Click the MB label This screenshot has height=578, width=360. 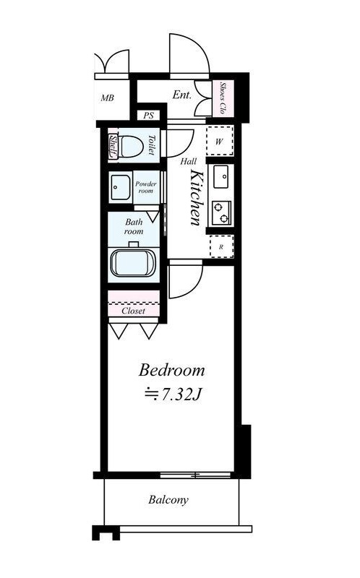pyautogui.click(x=107, y=98)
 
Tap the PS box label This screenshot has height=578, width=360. pyautogui.click(x=149, y=116)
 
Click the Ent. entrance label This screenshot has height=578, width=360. pyautogui.click(x=182, y=95)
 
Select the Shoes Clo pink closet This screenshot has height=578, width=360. pyautogui.click(x=223, y=98)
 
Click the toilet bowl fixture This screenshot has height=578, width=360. pyautogui.click(x=130, y=147)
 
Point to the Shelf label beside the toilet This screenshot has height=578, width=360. pyautogui.click(x=113, y=147)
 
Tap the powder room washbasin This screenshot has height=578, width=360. pyautogui.click(x=120, y=187)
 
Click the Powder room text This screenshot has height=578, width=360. pyautogui.click(x=146, y=187)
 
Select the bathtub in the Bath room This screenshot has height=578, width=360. pyautogui.click(x=133, y=263)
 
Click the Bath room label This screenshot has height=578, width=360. pyautogui.click(x=134, y=227)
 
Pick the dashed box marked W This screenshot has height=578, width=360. pyautogui.click(x=220, y=141)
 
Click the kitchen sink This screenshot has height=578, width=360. pyautogui.click(x=221, y=176)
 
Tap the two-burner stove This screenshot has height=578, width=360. pyautogui.click(x=221, y=212)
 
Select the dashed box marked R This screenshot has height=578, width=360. pyautogui.click(x=221, y=246)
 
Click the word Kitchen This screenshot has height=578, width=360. pyautogui.click(x=195, y=197)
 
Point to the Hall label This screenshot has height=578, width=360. pyautogui.click(x=188, y=161)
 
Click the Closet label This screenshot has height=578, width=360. pyautogui.click(x=133, y=311)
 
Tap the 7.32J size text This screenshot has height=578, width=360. pyautogui.click(x=173, y=394)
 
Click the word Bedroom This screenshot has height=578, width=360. pyautogui.click(x=172, y=371)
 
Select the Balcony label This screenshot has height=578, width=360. pyautogui.click(x=168, y=500)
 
